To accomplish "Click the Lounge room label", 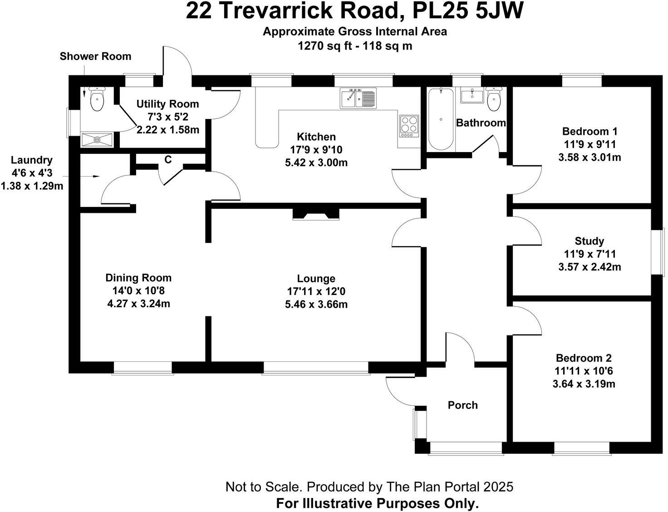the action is [x=316, y=278].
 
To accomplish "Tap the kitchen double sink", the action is [x=358, y=98].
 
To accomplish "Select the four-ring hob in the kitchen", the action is [x=409, y=126].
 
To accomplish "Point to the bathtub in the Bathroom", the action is [x=441, y=119].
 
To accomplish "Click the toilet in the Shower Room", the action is [x=97, y=98].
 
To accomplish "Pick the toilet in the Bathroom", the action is [x=494, y=98].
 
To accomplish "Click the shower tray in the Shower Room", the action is [x=97, y=140].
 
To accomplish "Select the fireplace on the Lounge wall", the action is [x=316, y=214].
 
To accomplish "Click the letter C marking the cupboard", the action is [x=168, y=159].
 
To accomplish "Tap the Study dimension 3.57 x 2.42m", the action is [x=589, y=267].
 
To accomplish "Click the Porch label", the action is [x=462, y=405].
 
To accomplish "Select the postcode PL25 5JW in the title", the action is [x=467, y=11].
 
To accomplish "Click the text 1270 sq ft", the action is [x=319, y=46].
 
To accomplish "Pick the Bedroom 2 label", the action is [x=584, y=358].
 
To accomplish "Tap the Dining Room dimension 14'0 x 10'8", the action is [x=138, y=291].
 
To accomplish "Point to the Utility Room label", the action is [x=167, y=104].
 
